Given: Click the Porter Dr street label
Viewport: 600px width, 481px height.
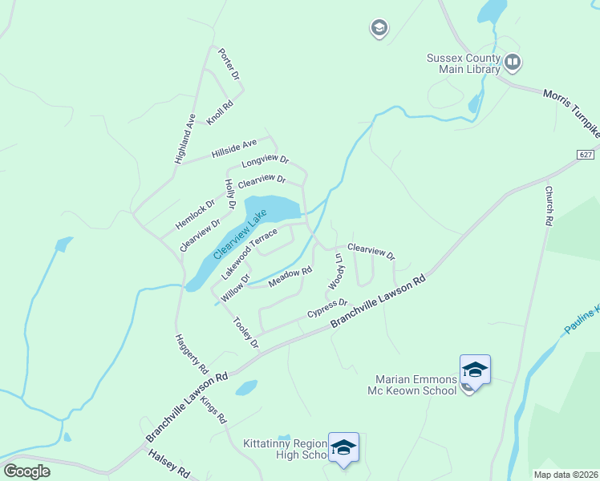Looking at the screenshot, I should click(x=229, y=63).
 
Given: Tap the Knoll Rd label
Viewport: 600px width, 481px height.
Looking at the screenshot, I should click(x=219, y=111).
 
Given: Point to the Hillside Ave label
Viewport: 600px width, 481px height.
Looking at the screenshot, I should click(x=234, y=148).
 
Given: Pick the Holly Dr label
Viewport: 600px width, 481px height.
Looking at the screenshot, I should click(x=231, y=194).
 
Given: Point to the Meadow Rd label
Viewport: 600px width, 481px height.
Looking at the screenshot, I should click(x=290, y=278).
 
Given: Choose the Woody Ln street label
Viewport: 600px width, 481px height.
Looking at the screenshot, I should click(x=335, y=272).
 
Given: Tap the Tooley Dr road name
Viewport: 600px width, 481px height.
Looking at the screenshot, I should click(x=245, y=333).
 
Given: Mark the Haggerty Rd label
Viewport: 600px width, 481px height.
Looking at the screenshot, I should click(x=192, y=353).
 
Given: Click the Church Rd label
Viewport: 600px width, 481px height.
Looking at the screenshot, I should click(x=549, y=205).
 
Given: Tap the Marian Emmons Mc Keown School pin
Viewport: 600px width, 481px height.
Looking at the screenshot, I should click(x=474, y=370).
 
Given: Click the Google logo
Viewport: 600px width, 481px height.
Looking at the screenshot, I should click(x=26, y=471).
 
